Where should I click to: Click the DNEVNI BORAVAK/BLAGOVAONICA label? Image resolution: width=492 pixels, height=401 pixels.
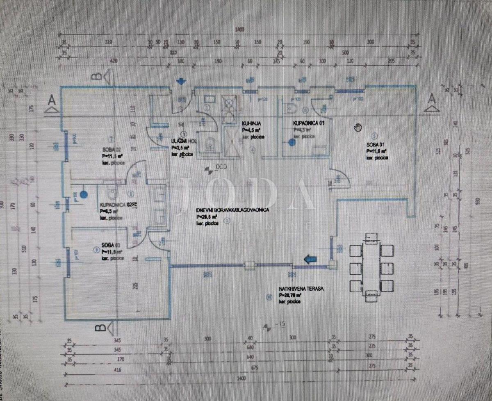pyautogui.click(x=232, y=210)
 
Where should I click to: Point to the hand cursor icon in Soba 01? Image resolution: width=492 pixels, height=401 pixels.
pyautogui.click(x=358, y=127)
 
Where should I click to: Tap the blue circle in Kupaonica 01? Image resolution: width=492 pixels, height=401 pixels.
pyautogui.click(x=292, y=142)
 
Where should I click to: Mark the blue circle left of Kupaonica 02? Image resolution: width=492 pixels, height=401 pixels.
pyautogui.click(x=84, y=195)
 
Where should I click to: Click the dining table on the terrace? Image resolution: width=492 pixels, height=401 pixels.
pyautogui.click(x=371, y=267)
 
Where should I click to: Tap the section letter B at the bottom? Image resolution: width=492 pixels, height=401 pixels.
pyautogui.click(x=98, y=327)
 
